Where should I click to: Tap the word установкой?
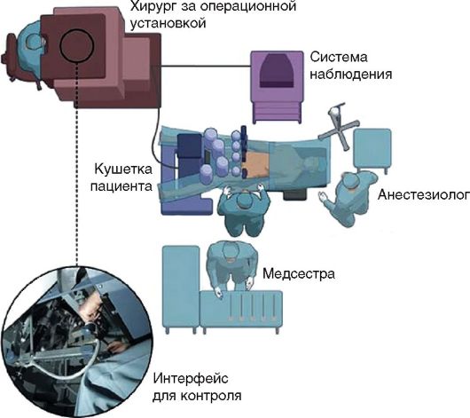pos(168,23)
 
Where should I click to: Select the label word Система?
pos(339,57)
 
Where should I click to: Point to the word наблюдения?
pos(350,75)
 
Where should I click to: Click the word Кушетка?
pos(123,170)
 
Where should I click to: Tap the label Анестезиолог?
pos(423,194)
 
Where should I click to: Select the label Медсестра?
pos(299,273)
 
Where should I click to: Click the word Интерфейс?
pos(191,378)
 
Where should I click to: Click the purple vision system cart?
pos(277,87)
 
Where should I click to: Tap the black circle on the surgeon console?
pos(77,45)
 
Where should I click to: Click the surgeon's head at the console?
pos(34,44)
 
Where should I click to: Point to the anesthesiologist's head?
pos(351,182)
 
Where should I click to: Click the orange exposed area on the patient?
pos(257,164)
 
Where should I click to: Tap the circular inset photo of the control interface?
pos(77,342)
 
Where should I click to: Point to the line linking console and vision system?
pos(206,66)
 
